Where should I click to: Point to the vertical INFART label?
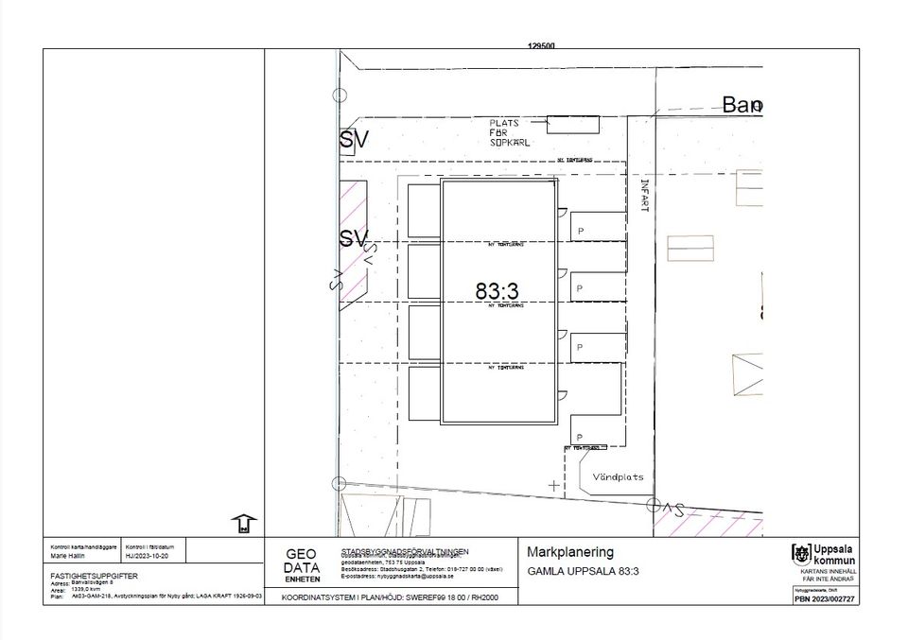pyautogui.click(x=645, y=195)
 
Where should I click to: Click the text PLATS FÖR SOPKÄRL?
pyautogui.click(x=510, y=132)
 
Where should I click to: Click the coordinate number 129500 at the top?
pyautogui.click(x=541, y=44)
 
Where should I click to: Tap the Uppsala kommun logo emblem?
pyautogui.click(x=800, y=554)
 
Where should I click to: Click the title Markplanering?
pyautogui.click(x=570, y=552)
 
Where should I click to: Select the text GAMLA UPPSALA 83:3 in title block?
pyautogui.click(x=584, y=571)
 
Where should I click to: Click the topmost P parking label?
pyautogui.click(x=580, y=229)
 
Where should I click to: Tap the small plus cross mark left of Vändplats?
pyautogui.click(x=553, y=485)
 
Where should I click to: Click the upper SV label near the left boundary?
pyautogui.click(x=354, y=142)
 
